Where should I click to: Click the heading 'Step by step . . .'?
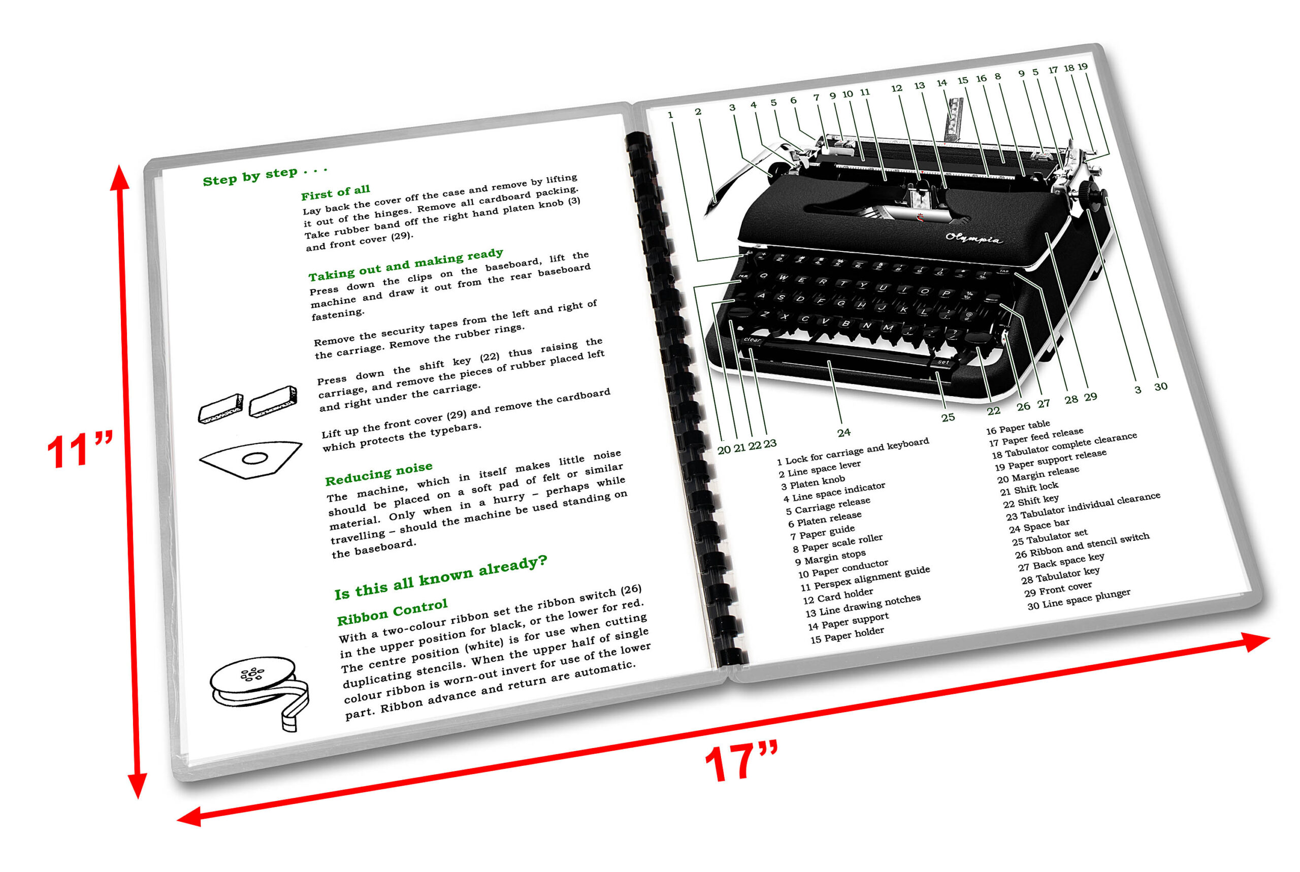[265, 175]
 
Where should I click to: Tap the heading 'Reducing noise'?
[378, 473]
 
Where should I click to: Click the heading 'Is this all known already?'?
[440, 577]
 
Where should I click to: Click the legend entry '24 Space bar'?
[1038, 525]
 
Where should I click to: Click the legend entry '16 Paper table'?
[1017, 427]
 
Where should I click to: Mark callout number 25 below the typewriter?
[948, 417]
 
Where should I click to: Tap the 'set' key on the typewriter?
[943, 362]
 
